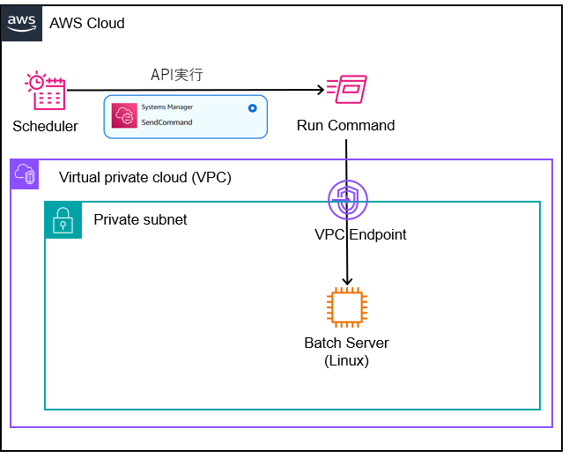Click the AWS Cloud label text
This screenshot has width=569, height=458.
pyautogui.click(x=87, y=23)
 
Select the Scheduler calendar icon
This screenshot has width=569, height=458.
pyautogui.click(x=45, y=91)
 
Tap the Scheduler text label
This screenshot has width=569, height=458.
pyautogui.click(x=45, y=126)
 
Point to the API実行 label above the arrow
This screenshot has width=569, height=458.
pyautogui.click(x=177, y=75)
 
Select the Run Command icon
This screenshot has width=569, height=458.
pyautogui.click(x=346, y=90)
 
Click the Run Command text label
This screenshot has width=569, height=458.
pyautogui.click(x=345, y=125)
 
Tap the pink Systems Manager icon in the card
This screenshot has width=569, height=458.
pyautogui.click(x=124, y=115)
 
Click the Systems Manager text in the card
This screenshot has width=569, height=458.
pyautogui.click(x=167, y=107)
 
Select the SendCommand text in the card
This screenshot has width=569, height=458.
pyautogui.click(x=166, y=122)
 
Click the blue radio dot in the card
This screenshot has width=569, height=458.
pyautogui.click(x=253, y=107)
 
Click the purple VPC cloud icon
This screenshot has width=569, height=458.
pyautogui.click(x=25, y=174)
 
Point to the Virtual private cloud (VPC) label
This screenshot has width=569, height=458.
pyautogui.click(x=144, y=177)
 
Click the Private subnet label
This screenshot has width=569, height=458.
pyautogui.click(x=140, y=219)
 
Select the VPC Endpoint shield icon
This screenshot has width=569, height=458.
pyautogui.click(x=347, y=200)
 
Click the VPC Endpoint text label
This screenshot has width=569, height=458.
pyautogui.click(x=360, y=234)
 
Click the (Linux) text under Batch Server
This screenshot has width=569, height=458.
pyautogui.click(x=346, y=359)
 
